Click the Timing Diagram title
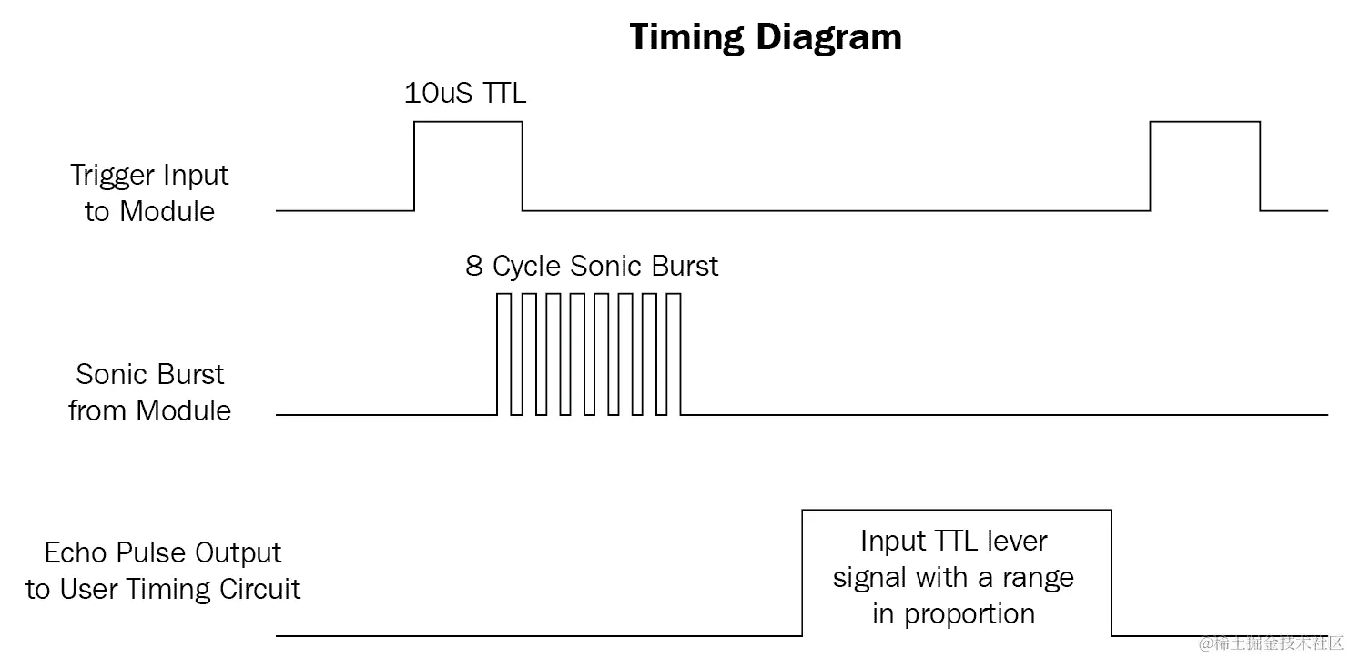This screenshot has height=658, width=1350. click(766, 37)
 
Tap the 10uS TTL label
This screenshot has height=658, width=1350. click(465, 93)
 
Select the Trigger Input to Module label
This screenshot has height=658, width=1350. click(150, 193)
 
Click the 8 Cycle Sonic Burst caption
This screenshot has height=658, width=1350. click(592, 267)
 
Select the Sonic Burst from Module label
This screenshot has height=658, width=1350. click(150, 392)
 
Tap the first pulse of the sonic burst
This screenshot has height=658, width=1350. click(503, 355)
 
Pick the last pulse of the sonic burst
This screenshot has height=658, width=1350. click(674, 355)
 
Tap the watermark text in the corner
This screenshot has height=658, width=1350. click(1272, 644)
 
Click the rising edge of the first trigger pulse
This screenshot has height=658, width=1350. click(414, 166)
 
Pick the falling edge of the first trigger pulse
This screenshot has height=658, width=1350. click(523, 166)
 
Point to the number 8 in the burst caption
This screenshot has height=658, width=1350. click(474, 267)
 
